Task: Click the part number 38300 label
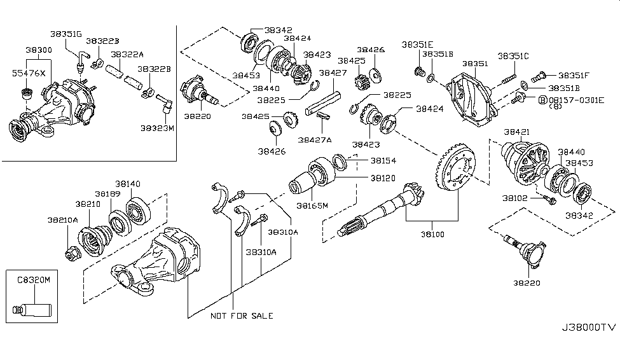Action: (x=38, y=49)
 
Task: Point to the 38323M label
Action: (x=156, y=128)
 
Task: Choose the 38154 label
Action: (x=385, y=161)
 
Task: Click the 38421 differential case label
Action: (x=517, y=132)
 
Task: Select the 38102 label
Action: (x=515, y=198)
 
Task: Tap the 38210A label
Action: (x=62, y=220)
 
